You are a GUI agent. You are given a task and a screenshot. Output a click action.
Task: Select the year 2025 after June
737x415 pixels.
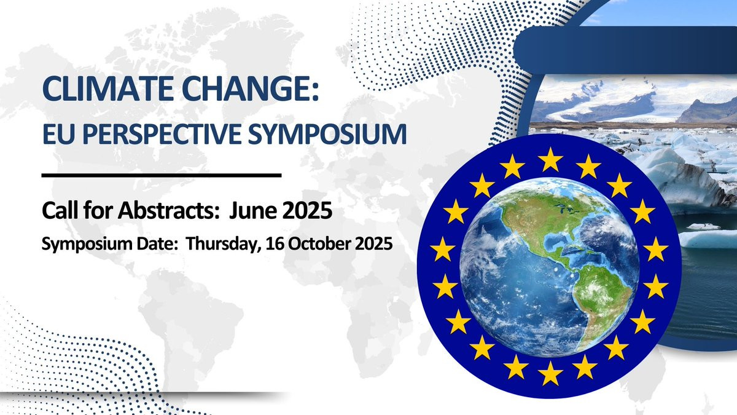[307, 210]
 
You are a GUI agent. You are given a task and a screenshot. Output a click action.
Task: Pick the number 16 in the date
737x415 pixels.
[274, 243]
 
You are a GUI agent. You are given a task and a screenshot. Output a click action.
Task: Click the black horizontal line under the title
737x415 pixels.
[162, 175]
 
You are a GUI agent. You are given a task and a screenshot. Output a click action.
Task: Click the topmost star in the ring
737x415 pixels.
[550, 160]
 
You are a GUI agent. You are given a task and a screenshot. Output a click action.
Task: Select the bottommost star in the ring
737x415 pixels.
[550, 373]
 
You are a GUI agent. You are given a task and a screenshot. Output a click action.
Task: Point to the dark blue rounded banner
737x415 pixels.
[625, 50]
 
